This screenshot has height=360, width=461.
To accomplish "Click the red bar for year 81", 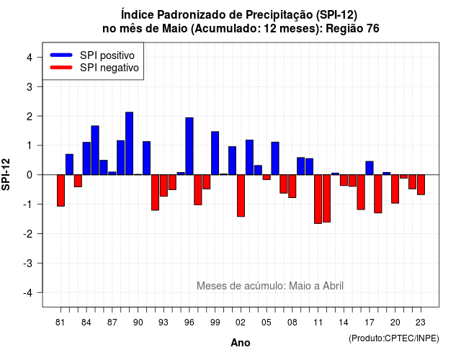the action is pyautogui.click(x=61, y=190).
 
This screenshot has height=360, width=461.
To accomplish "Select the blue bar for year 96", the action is pyautogui.click(x=189, y=146).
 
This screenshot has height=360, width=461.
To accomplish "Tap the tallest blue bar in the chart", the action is pyautogui.click(x=130, y=143).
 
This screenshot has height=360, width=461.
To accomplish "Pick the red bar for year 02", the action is pyautogui.click(x=241, y=196).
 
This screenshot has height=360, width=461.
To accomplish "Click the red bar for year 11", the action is pyautogui.click(x=318, y=199).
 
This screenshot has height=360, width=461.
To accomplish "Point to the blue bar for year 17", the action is pyautogui.click(x=370, y=168).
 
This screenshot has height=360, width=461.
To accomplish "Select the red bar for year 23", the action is pyautogui.click(x=421, y=184).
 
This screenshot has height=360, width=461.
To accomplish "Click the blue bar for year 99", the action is pyautogui.click(x=215, y=153).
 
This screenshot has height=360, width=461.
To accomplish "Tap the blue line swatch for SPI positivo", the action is pyautogui.click(x=61, y=55).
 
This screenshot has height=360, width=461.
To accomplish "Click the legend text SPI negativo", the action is pyautogui.click(x=109, y=68).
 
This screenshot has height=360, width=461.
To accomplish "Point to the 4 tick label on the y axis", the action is pyautogui.click(x=30, y=57).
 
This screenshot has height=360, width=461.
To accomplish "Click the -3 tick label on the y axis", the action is pyautogui.click(x=28, y=263).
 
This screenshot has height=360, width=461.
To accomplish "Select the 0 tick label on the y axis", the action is pyautogui.click(x=30, y=175).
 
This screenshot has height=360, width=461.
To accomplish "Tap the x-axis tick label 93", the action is pyautogui.click(x=164, y=323).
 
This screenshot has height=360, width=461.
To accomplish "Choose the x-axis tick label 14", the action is pyautogui.click(x=344, y=323).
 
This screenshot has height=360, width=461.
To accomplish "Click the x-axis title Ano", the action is pyautogui.click(x=241, y=343).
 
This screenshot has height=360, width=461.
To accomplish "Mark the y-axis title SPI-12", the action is pyautogui.click(x=6, y=174).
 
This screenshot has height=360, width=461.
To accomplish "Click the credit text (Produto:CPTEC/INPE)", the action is pyautogui.click(x=394, y=338).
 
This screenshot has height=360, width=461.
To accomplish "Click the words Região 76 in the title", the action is pyautogui.click(x=352, y=29).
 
